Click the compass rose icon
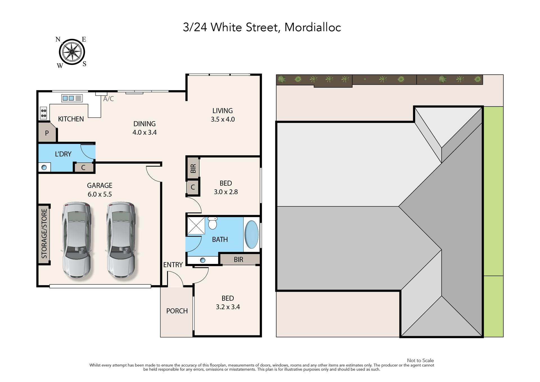(72, 52)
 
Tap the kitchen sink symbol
(72, 98)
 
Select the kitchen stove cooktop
(44, 113)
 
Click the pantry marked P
(47, 133)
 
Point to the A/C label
(109, 99)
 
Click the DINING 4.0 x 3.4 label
(145, 128)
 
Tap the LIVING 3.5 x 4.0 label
(223, 115)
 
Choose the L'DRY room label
(63, 154)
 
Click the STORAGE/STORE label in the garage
(44, 233)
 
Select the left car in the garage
(76, 240)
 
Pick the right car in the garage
(121, 240)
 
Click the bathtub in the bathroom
(251, 234)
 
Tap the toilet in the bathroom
(213, 223)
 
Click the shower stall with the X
(196, 225)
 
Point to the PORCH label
(177, 311)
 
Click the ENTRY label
(173, 265)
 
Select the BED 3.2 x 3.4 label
(228, 302)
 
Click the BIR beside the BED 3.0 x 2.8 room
(193, 168)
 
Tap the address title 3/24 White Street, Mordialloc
(262, 28)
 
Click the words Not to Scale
(420, 360)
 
